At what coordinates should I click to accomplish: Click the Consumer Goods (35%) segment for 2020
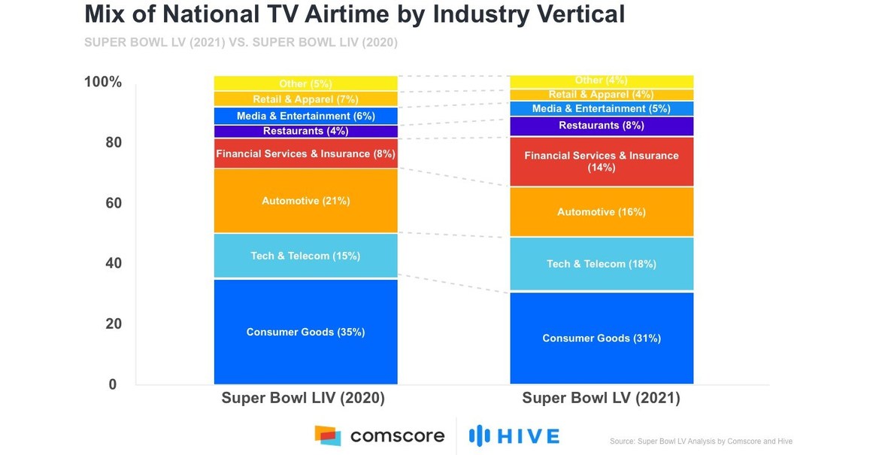(305, 332)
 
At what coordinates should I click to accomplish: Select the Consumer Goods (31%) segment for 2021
(602, 338)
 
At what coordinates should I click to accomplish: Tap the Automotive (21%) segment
(305, 201)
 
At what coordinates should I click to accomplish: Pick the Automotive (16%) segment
(602, 212)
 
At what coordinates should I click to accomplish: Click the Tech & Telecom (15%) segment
(305, 256)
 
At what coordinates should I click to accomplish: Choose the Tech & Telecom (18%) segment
(602, 264)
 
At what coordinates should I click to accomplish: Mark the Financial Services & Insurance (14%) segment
(602, 162)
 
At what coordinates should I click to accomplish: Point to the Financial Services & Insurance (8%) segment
(305, 153)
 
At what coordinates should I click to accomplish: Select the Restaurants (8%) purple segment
(602, 126)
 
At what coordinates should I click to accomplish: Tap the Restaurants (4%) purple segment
(305, 131)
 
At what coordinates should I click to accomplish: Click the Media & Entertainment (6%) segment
(305, 116)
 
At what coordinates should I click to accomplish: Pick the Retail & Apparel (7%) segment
(305, 99)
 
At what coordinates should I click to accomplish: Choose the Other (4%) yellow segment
(602, 80)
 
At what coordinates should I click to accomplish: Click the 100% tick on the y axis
(102, 82)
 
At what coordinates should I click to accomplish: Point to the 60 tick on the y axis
(112, 203)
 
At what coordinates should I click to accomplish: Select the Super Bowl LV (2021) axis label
(601, 399)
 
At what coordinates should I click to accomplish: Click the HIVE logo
(514, 435)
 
